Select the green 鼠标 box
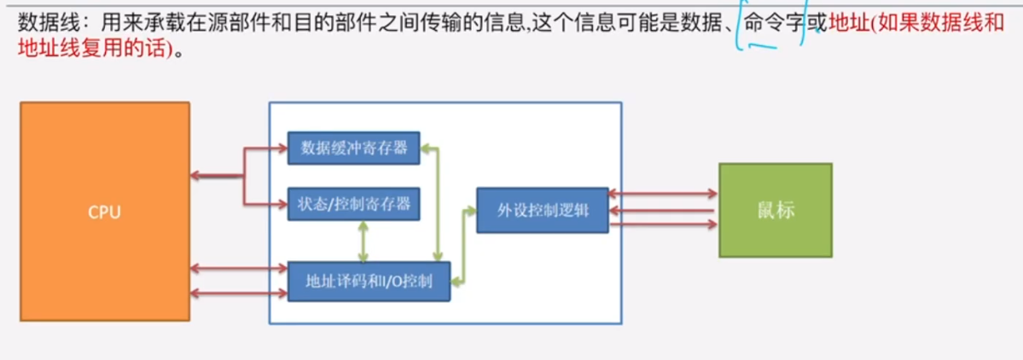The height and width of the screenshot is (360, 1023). coord(775,209)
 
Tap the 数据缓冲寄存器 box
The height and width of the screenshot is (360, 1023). coord(353,148)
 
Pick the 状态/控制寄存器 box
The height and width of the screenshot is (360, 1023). coord(353,203)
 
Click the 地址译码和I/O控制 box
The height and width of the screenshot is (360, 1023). coord(369,281)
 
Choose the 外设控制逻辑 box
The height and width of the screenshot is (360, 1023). coord(543,210)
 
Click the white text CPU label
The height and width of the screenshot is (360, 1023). coord(104,212)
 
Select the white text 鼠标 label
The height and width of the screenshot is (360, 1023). coord(775,209)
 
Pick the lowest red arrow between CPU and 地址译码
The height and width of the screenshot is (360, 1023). coord(238,293)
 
